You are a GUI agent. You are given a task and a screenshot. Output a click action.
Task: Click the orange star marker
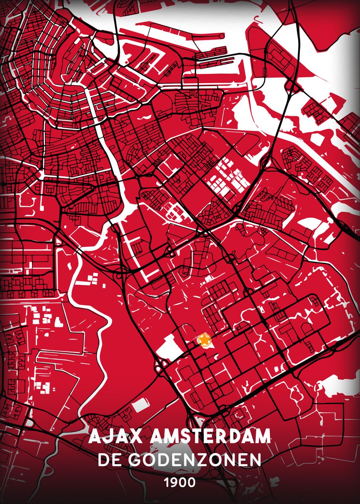[x=204, y=340]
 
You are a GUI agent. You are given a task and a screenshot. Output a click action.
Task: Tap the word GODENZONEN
[x=195, y=459]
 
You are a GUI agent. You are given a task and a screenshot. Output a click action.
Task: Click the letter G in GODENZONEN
[x=135, y=459]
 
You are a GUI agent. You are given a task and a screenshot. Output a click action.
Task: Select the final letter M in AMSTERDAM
[x=262, y=437]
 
